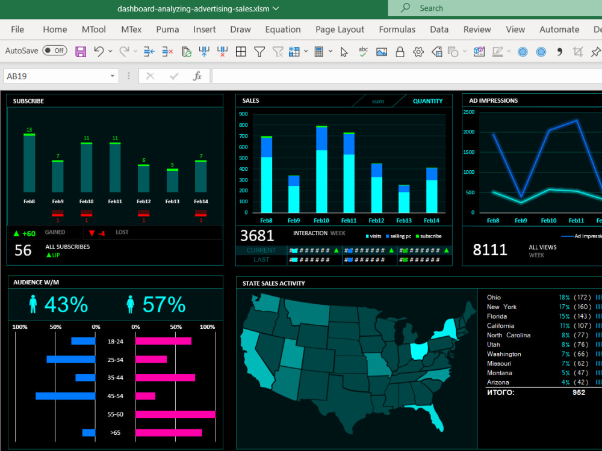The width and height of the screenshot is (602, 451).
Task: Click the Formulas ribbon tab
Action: click(397, 29)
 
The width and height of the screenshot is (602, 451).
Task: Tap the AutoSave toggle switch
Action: click(55, 51)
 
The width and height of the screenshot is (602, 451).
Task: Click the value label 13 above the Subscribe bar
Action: click(29, 130)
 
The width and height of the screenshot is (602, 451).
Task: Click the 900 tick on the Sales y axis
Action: click(243, 114)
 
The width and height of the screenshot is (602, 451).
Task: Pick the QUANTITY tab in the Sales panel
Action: click(427, 101)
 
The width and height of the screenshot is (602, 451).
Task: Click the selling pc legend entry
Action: click(400, 236)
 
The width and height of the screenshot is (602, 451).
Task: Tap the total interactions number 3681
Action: click(257, 236)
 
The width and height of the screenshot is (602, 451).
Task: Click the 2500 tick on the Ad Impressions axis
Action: click(468, 111)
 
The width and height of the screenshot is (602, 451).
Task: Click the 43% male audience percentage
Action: click(66, 305)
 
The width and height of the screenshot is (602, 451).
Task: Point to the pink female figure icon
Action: click(130, 304)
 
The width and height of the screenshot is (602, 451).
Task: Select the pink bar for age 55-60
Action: click(175, 414)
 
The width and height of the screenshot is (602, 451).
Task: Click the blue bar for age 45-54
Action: click(65, 396)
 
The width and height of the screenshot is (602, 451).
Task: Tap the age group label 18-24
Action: click(115, 342)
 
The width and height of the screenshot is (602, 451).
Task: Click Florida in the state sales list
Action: click(497, 316)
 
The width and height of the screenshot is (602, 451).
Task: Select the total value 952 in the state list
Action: click(579, 393)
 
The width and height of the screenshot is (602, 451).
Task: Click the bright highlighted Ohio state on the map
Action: click(419, 351)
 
